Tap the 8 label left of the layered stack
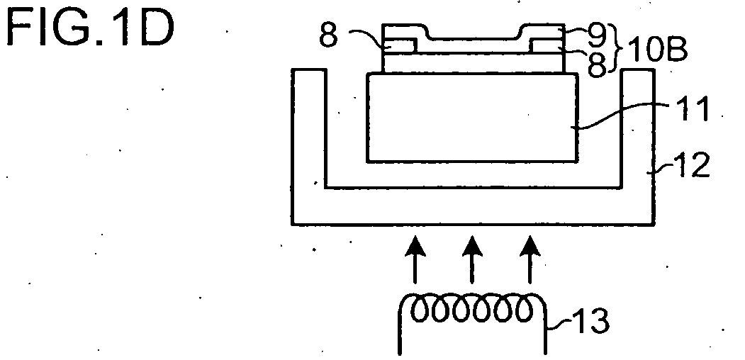(328, 35)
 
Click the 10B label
(658, 50)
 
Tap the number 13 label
(588, 321)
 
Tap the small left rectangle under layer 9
(400, 47)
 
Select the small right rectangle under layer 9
(547, 47)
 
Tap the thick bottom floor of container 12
(474, 206)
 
